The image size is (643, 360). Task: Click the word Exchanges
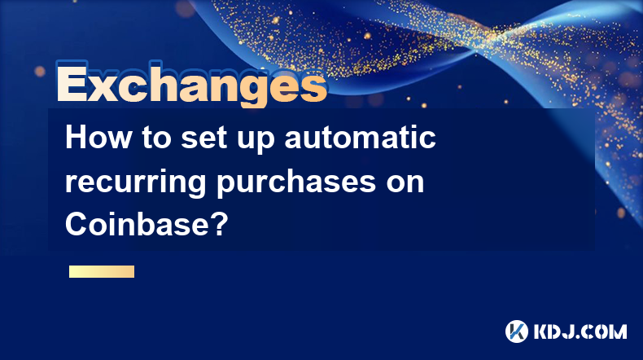tap(191, 85)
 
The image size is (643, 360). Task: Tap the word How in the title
tap(98, 137)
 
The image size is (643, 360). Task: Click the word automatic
tap(360, 138)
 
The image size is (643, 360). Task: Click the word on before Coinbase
tap(405, 184)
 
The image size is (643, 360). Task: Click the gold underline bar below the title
tap(102, 271)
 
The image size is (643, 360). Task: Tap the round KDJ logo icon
tap(517, 331)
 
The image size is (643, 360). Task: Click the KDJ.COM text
tap(580, 331)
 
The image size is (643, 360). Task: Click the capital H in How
tap(77, 137)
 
